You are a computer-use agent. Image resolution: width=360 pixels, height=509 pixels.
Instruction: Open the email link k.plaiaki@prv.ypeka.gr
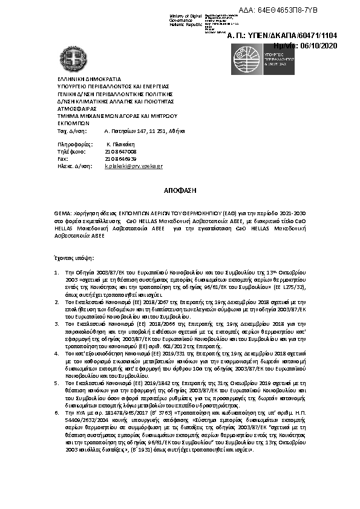pyautogui.click(x=134, y=165)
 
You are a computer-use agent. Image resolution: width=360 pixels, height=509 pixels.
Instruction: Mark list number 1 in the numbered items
pyautogui.click(x=57, y=273)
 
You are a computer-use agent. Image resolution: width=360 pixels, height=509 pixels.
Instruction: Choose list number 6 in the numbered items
pyautogui.click(x=57, y=427)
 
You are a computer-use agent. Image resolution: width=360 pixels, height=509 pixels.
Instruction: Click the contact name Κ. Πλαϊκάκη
pyautogui.click(x=119, y=145)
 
